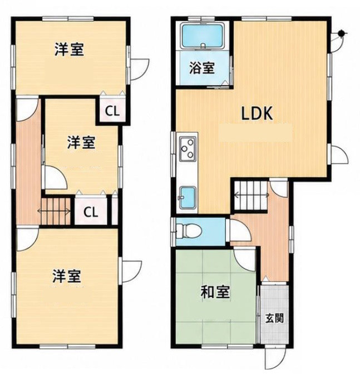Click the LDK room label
(x=257, y=113)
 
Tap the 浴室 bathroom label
(x=202, y=68)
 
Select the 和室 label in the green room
(x=215, y=292)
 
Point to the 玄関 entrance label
(x=275, y=318)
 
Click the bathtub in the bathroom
(x=203, y=36)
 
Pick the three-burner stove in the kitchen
(x=188, y=148)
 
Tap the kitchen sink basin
(x=188, y=198)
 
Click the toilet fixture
(x=189, y=231)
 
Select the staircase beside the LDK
(x=250, y=195)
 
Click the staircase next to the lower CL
(x=56, y=211)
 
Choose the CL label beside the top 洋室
(x=112, y=111)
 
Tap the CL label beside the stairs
(x=91, y=212)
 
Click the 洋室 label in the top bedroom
(x=70, y=49)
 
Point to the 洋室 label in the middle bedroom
(x=81, y=142)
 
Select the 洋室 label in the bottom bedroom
(x=67, y=276)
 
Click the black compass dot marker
(x=342, y=34)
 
